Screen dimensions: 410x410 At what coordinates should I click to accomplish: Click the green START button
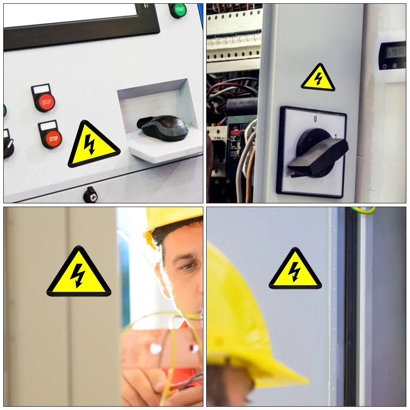coord(178,10)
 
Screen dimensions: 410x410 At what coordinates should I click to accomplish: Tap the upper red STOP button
coord(45,102)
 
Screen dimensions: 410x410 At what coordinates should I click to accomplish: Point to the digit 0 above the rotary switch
coord(315,119)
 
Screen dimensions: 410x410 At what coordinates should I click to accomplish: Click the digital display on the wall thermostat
coord(391,51)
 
